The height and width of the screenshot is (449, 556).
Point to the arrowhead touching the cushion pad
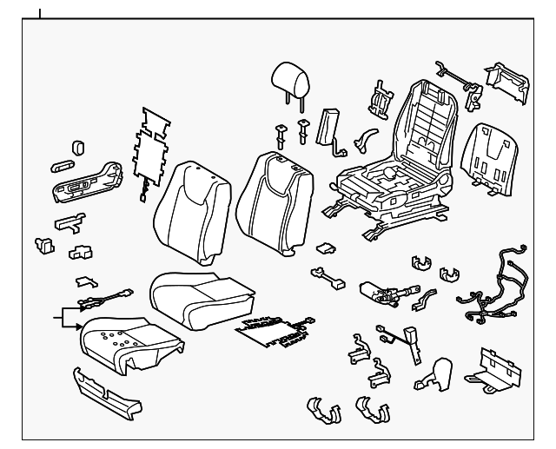click(82, 322)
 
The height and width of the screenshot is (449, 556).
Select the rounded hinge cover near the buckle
click(434, 373)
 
